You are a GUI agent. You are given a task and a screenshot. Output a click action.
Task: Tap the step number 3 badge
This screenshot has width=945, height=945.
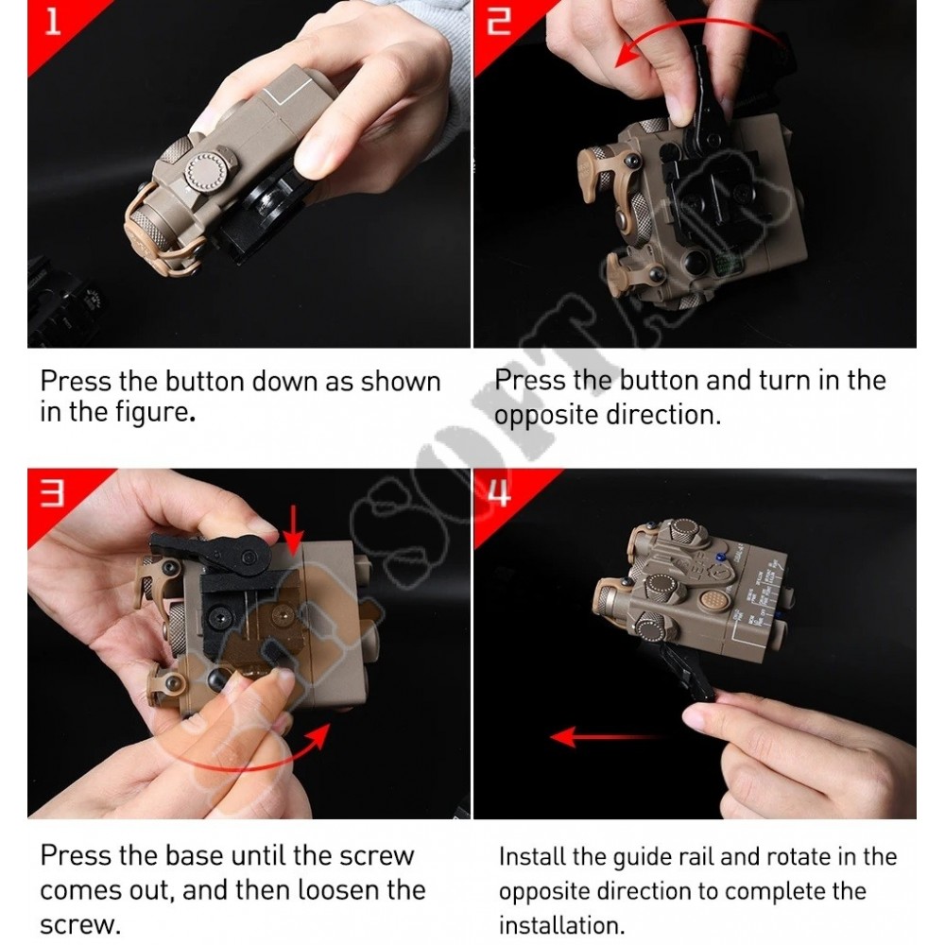[52, 491]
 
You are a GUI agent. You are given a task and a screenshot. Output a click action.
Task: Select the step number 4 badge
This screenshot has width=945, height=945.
[498, 491]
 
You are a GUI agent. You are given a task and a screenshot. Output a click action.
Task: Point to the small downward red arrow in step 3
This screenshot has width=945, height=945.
[294, 529]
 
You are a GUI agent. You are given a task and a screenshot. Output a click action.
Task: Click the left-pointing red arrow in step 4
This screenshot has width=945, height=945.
[609, 737]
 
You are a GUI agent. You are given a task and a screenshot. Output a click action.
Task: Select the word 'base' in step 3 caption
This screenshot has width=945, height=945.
[193, 856]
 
